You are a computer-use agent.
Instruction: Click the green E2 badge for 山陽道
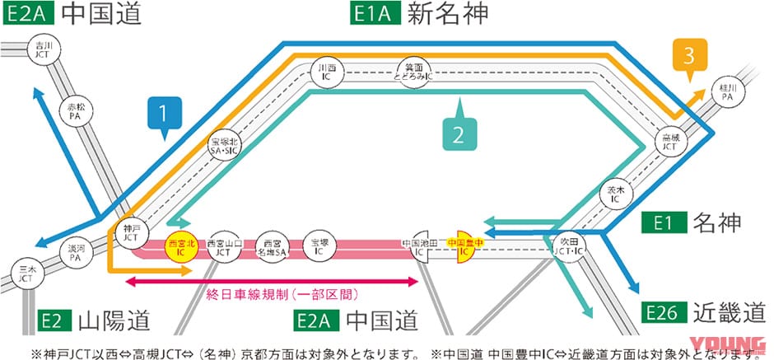tap(55, 320)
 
